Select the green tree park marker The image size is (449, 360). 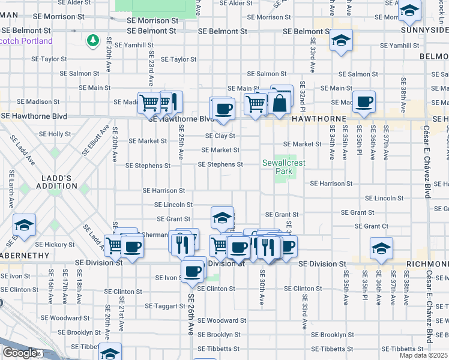[93, 41]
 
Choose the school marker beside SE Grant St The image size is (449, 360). [222, 217]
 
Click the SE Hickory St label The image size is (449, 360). [55, 245]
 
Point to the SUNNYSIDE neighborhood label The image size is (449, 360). [426, 28]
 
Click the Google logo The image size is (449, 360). [20, 353]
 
